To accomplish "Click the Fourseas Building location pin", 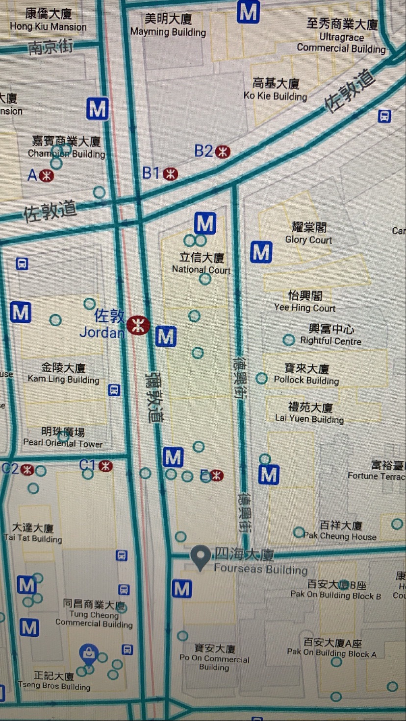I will tap(200, 557).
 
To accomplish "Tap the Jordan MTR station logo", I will tap(138, 325).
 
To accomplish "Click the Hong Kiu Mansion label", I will tap(48, 20).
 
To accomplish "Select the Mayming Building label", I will tap(168, 25).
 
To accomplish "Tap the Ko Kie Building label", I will tap(276, 90).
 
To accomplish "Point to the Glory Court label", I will tap(309, 233).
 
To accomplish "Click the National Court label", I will tap(201, 263).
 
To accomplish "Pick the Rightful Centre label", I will tap(331, 335).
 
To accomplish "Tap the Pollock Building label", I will tap(306, 374).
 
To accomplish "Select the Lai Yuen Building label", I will tap(309, 412).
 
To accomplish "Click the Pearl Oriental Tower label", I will tap(63, 437).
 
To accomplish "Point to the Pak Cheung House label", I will tap(340, 531).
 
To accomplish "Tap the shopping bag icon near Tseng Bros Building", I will tap(89, 652).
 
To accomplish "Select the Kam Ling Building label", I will tap(63, 373).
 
